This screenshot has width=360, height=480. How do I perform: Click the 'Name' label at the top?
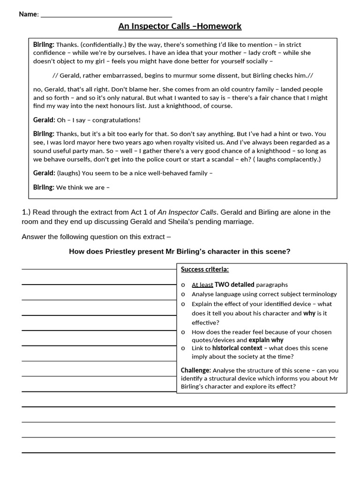coord(28,14)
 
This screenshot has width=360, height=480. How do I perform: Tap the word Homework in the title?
coord(219,26)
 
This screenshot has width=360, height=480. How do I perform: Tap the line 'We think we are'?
coord(82,187)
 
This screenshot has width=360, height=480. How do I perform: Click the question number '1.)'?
coord(26,212)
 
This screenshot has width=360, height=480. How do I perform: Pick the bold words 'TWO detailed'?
coord(234,285)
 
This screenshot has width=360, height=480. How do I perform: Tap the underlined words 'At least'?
coord(202,285)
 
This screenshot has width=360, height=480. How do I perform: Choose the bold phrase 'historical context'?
coord(237,348)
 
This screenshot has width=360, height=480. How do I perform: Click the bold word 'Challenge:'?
coord(196,370)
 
